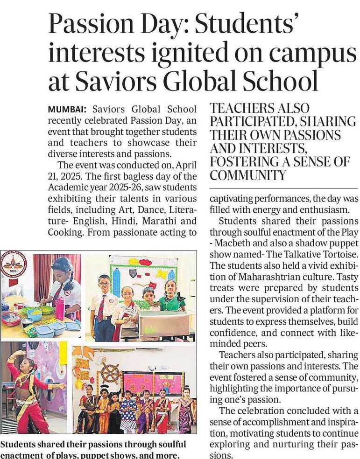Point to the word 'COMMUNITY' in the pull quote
247,176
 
